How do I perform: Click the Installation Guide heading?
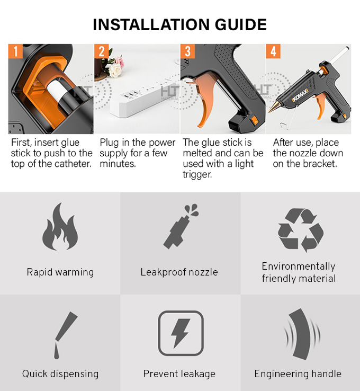pyautogui.click(x=179, y=24)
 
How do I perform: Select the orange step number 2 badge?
pyautogui.click(x=103, y=52)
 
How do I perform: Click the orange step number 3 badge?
pyautogui.click(x=188, y=52)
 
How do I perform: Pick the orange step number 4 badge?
pyautogui.click(x=273, y=52)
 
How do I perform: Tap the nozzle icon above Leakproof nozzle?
pyautogui.click(x=179, y=227)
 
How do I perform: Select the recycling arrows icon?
pyautogui.click(x=300, y=229)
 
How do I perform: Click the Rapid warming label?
pyautogui.click(x=60, y=272)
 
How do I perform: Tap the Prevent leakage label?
pyautogui.click(x=179, y=374)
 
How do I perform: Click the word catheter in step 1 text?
pyautogui.click(x=73, y=164)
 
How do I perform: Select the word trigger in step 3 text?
pyautogui.click(x=197, y=174)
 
